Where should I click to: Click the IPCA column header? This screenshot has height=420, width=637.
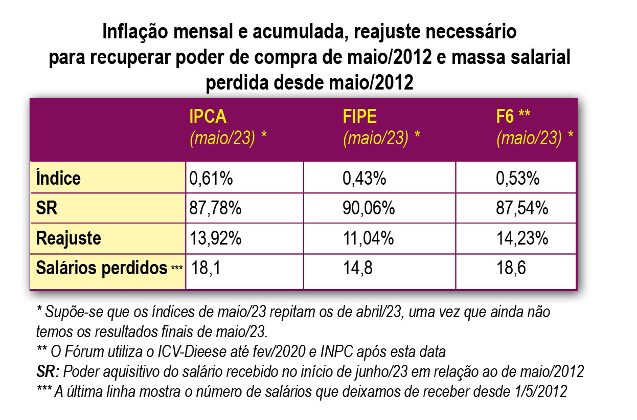pos(208,117)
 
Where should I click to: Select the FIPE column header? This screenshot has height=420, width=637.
pos(359,117)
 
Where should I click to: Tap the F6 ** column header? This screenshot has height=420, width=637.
pos(513,117)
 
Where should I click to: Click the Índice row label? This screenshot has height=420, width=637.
pos(59,179)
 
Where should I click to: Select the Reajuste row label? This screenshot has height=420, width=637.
pos(69,238)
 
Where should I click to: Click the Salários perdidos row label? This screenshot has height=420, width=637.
pos(102,268)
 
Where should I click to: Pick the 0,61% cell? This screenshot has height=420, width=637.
pos(211,179)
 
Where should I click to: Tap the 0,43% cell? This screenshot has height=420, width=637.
pos(364,179)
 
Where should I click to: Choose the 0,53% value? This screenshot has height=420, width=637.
pos(518,179)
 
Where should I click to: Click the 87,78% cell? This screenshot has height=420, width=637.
pos(215,208)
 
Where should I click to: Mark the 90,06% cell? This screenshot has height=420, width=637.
pos(368,208)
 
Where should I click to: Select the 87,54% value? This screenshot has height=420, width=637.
pos(522,208)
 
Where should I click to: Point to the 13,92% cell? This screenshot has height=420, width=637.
pos(215,238)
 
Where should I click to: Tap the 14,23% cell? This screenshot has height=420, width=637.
pos(522,238)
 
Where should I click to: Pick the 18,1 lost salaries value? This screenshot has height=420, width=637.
pos(206,268)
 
